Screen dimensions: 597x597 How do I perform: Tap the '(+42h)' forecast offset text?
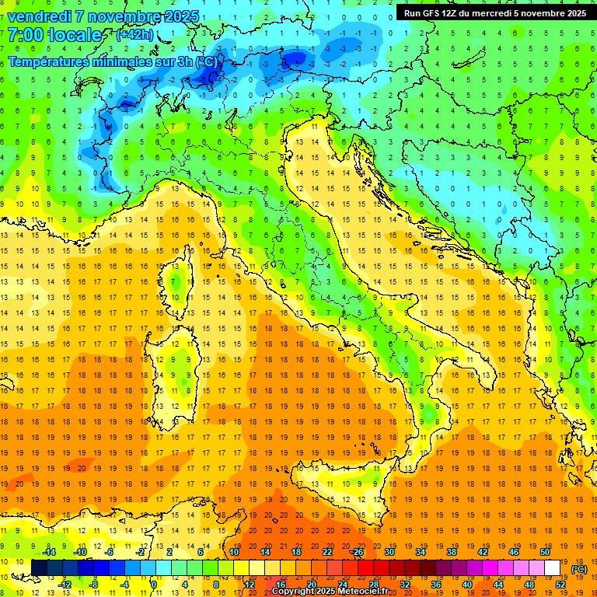click(134, 35)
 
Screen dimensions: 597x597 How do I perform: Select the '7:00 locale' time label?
click(54, 35)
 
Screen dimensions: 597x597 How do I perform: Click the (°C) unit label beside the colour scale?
click(579, 569)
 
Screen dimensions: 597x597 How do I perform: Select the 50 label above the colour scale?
click(545, 552)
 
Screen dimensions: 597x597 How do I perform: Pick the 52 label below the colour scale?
click(560, 585)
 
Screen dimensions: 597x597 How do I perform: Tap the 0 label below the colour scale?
click(155, 585)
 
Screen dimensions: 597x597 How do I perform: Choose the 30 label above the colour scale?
click(389, 552)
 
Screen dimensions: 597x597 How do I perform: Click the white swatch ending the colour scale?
click(553, 568)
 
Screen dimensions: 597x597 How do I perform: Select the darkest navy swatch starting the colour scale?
click(39, 568)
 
